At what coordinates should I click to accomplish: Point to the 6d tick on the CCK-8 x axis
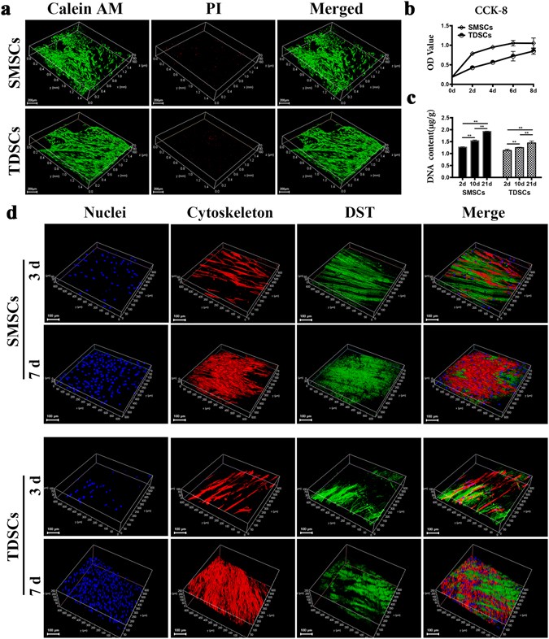click(512, 90)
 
